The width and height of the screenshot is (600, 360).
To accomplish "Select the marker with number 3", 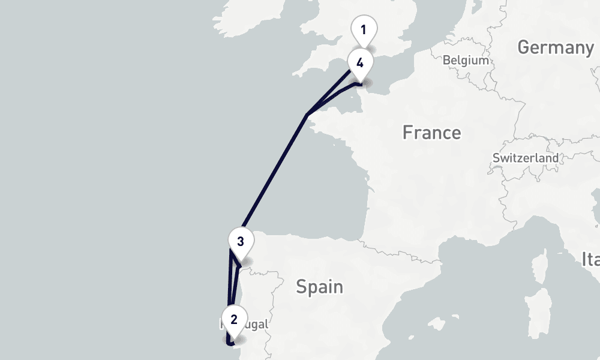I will click(240, 242).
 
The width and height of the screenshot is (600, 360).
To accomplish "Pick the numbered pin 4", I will click(359, 62).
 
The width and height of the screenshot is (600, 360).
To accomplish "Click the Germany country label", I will click(555, 47).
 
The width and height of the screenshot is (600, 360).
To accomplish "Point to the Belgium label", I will click(466, 60).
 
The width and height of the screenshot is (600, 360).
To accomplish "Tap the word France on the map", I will click(431, 132).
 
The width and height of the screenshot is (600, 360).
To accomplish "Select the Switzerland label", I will click(525, 158).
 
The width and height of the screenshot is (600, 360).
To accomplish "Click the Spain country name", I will click(320, 287).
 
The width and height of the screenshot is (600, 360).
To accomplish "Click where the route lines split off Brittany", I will click(307, 114).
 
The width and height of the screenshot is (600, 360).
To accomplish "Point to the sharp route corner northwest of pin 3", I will click(231, 250).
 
